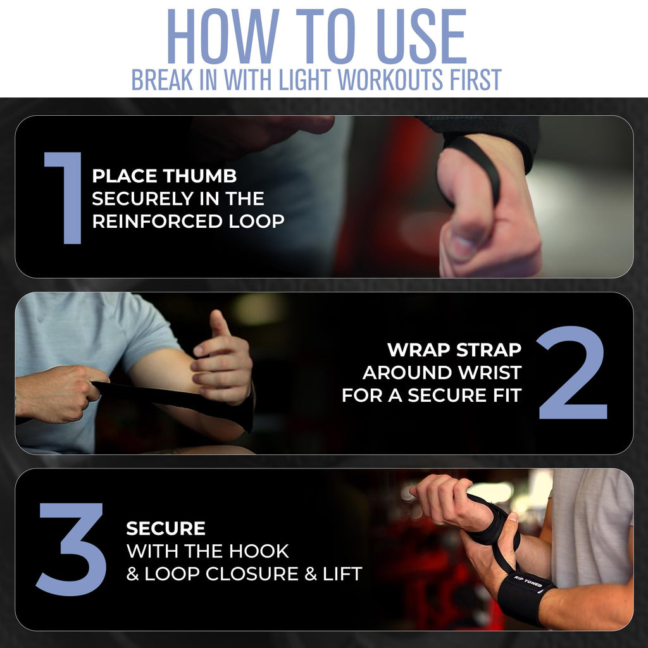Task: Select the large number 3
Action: [x=71, y=549]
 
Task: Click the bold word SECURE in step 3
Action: [x=166, y=528]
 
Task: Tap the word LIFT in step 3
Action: [x=340, y=574]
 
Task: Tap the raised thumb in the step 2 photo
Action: [x=219, y=326]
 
